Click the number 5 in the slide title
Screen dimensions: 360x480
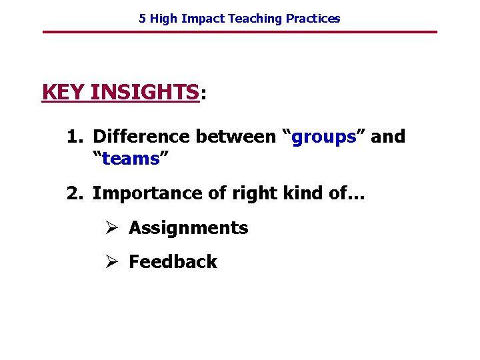143,19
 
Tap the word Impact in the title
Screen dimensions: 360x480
203,19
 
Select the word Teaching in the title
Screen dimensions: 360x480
255,19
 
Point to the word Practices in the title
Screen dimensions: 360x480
313,19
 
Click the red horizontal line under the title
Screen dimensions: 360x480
240,32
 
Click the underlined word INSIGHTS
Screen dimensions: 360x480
144,92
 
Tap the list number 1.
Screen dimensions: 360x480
73,137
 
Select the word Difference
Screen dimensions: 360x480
141,137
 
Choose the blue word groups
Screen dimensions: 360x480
324,137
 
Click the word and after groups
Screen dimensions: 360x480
387,137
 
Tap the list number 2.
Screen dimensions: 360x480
73,193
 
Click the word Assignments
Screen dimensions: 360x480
188,228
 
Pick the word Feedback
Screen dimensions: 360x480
173,262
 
